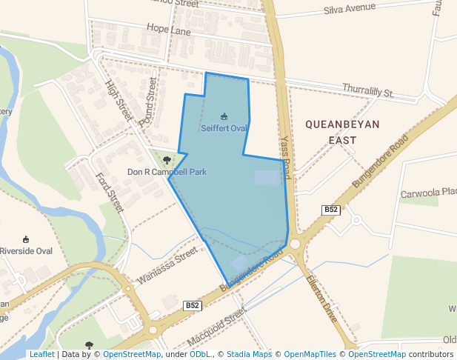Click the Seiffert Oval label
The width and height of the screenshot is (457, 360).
tap(224, 128)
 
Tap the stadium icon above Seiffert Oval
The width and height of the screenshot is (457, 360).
tap(224, 116)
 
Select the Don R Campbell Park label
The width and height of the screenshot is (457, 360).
tap(167, 172)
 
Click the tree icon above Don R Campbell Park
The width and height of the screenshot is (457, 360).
tap(167, 159)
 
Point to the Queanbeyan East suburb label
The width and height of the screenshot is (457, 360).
tap(342, 131)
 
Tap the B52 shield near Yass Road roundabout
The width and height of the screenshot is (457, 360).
tap(331, 210)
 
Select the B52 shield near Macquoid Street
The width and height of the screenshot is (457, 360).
tap(192, 305)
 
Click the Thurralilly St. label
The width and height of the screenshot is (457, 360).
tap(368, 92)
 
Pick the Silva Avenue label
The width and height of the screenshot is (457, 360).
tap(350, 10)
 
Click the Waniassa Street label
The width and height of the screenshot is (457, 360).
tap(167, 267)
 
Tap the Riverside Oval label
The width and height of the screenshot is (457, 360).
tap(26, 251)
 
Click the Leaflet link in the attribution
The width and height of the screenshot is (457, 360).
tap(41, 354)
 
